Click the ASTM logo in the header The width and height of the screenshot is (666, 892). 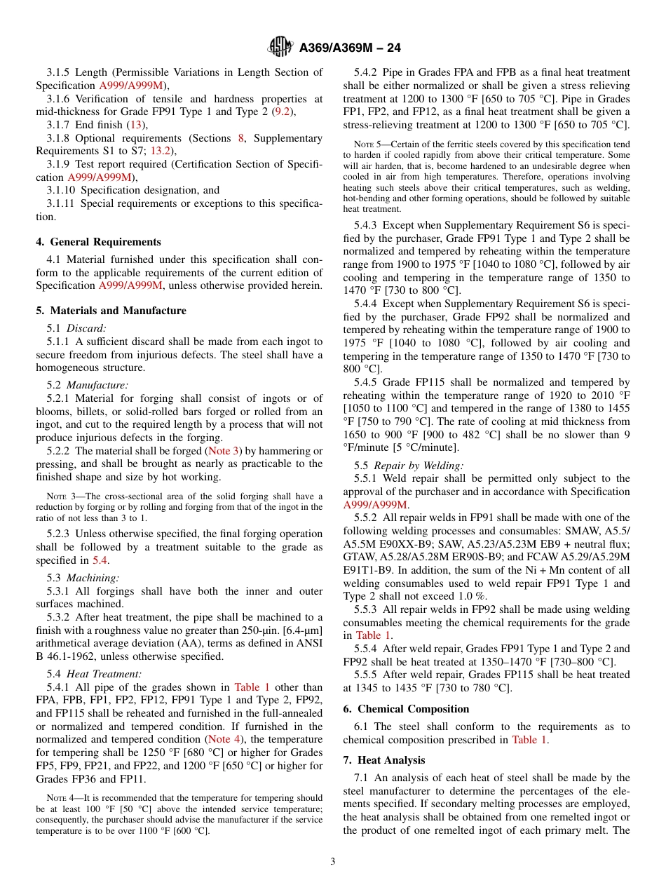[280, 48]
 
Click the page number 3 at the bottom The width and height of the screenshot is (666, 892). [333, 862]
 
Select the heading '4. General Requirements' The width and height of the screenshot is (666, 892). [98, 242]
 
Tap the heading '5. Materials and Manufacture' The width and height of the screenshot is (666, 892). [111, 311]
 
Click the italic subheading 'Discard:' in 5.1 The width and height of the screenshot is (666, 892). [86, 328]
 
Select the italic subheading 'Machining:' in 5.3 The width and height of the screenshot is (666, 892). [93, 578]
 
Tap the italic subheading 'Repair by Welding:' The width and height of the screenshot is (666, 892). [418, 466]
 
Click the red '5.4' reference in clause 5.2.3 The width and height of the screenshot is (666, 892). [100, 560]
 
